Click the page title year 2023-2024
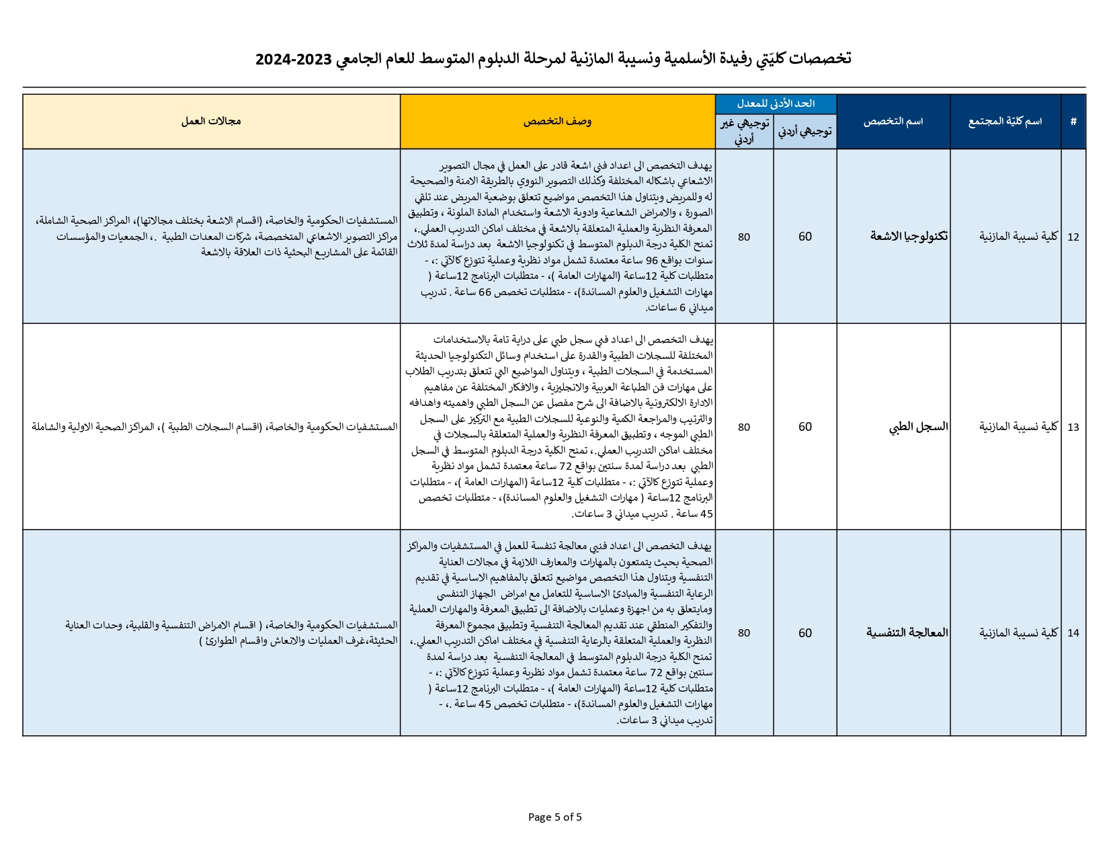(294, 59)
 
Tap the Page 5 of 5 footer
(554, 817)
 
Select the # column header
(1073, 122)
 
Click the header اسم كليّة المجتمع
(1005, 122)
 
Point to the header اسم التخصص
(893, 122)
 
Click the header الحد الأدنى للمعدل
(775, 104)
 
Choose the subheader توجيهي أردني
(805, 132)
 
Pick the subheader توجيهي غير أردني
(743, 132)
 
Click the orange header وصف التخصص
(557, 122)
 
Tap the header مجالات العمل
(211, 122)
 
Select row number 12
(1073, 237)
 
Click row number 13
(1073, 427)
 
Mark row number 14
(1073, 632)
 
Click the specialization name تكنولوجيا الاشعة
(909, 237)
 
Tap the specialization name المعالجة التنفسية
(907, 632)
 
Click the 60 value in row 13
(805, 427)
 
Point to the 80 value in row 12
(743, 237)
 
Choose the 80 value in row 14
(743, 632)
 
